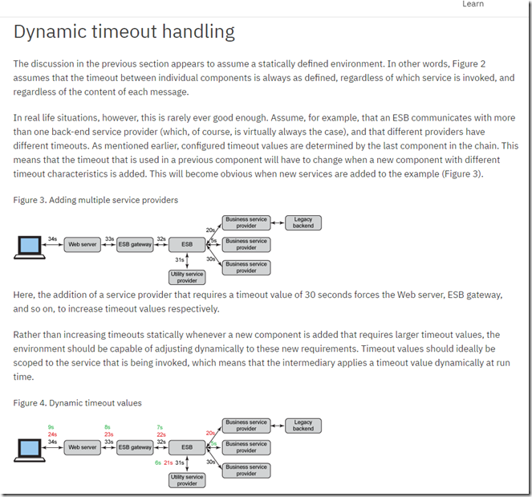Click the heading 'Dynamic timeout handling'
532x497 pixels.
[124, 32]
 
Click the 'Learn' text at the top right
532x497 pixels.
[473, 4]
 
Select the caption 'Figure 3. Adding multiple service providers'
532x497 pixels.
[95, 199]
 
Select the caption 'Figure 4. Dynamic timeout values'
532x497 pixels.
[78, 402]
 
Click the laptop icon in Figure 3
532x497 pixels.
[30, 246]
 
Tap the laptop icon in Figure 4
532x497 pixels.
[30, 449]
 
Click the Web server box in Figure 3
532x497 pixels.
[83, 244]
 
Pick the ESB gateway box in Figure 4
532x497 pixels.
[135, 447]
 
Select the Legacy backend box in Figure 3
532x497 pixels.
[303, 222]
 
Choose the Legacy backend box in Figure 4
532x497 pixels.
[303, 426]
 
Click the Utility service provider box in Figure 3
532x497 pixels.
[187, 277]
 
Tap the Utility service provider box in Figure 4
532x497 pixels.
[187, 480]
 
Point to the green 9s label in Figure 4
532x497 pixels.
[51, 427]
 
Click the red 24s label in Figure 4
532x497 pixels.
[51, 434]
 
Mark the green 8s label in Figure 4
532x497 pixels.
[108, 427]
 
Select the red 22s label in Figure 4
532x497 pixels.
[160, 434]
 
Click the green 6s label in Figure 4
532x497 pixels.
[158, 462]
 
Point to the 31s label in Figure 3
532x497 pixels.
[180, 260]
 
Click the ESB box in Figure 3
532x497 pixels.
[187, 244]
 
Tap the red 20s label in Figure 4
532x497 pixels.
[210, 433]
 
